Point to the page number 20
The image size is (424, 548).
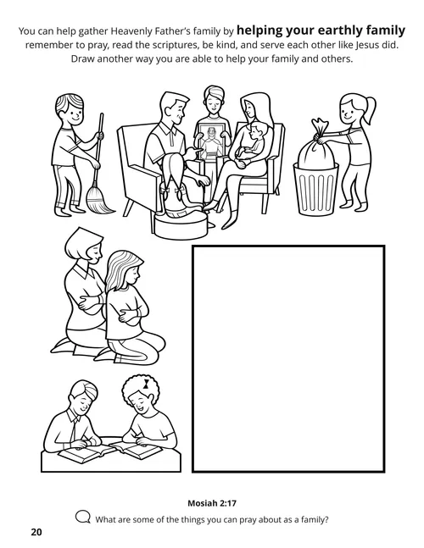[35, 533]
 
